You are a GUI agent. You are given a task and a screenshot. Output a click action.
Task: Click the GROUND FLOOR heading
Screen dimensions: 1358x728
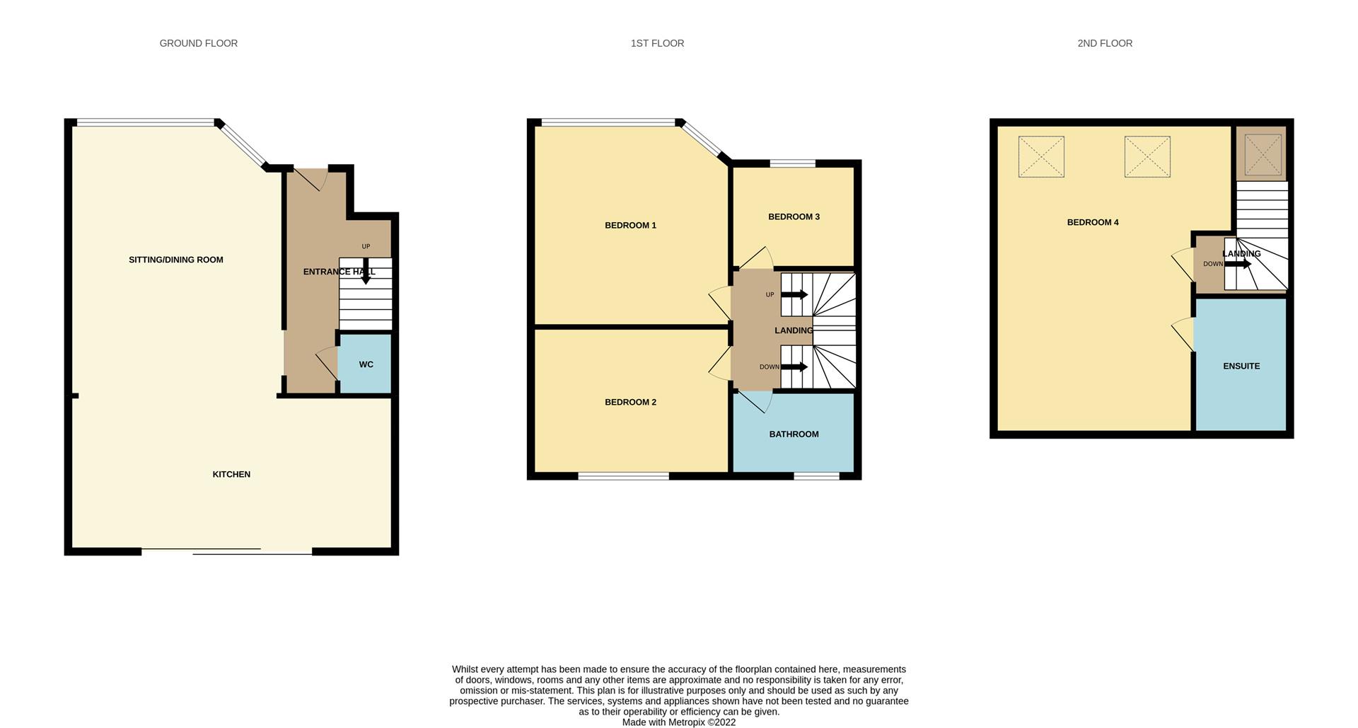(x=199, y=43)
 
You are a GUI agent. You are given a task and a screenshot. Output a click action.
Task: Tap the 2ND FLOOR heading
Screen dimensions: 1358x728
(x=1105, y=43)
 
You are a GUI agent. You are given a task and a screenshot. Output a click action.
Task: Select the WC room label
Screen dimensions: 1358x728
(x=366, y=364)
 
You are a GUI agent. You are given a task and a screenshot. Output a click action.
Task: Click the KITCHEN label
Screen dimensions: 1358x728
(x=231, y=474)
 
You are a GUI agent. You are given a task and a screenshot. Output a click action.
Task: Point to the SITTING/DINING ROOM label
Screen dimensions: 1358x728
(x=176, y=260)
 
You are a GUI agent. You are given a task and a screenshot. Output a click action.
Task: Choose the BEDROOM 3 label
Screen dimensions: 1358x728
(x=794, y=216)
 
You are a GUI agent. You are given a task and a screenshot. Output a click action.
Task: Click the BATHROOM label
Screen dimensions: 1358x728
(x=794, y=434)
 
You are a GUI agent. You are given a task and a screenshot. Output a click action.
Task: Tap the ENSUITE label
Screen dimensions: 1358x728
(x=1241, y=366)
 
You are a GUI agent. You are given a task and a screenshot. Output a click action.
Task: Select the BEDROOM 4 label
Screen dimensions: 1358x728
(x=1093, y=222)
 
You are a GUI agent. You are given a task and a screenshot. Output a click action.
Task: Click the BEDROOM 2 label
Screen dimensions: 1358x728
(x=630, y=402)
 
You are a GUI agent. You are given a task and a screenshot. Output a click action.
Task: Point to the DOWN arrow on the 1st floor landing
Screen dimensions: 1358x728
(x=794, y=366)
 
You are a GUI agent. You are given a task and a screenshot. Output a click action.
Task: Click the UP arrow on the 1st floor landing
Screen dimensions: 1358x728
(x=794, y=294)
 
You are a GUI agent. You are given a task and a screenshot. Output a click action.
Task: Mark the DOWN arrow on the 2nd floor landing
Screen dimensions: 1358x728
(x=1238, y=264)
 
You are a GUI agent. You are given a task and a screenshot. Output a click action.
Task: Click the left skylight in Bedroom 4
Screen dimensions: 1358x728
(x=1041, y=156)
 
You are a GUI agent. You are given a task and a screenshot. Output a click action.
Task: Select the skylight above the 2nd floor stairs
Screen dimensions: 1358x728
(x=1263, y=154)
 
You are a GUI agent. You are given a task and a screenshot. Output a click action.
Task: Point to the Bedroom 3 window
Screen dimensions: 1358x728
(x=792, y=164)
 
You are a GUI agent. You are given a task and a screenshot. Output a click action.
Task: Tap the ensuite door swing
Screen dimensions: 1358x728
(x=1183, y=334)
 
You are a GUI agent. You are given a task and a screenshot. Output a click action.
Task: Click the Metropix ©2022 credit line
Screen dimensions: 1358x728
(x=679, y=722)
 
